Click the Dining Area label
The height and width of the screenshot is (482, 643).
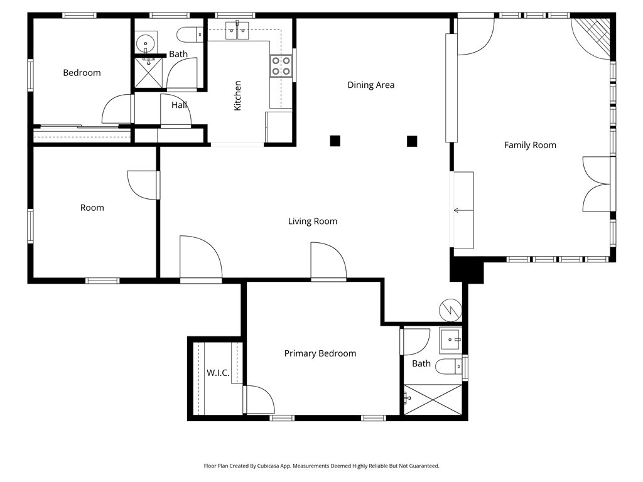tap(370, 85)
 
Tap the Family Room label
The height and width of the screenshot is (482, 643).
tap(530, 145)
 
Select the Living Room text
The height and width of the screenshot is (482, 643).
tap(312, 221)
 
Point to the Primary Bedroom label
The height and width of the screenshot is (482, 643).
tap(320, 353)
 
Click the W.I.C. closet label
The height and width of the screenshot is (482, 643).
tap(217, 373)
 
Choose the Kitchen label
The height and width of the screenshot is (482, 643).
tap(237, 95)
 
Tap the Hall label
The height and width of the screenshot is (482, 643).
tap(179, 105)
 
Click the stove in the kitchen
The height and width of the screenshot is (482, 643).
tap(281, 66)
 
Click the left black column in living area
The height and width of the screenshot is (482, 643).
tap(335, 141)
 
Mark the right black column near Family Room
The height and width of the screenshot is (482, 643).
tap(412, 141)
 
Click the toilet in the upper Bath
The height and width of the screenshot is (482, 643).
tap(188, 34)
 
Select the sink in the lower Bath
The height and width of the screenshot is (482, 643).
tap(450, 340)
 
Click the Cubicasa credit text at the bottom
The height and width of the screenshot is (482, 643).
tap(321, 466)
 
